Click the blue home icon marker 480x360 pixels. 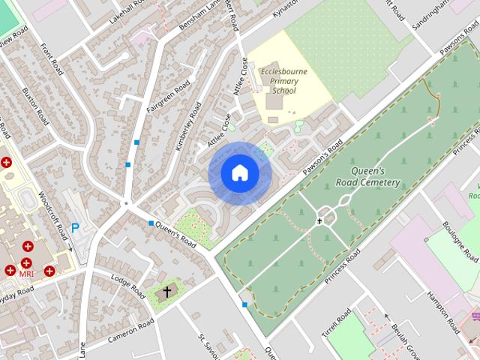[239, 173]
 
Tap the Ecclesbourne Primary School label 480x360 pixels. [278, 81]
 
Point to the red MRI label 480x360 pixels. [27, 274]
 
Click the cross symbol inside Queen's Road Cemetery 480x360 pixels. [319, 220]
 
